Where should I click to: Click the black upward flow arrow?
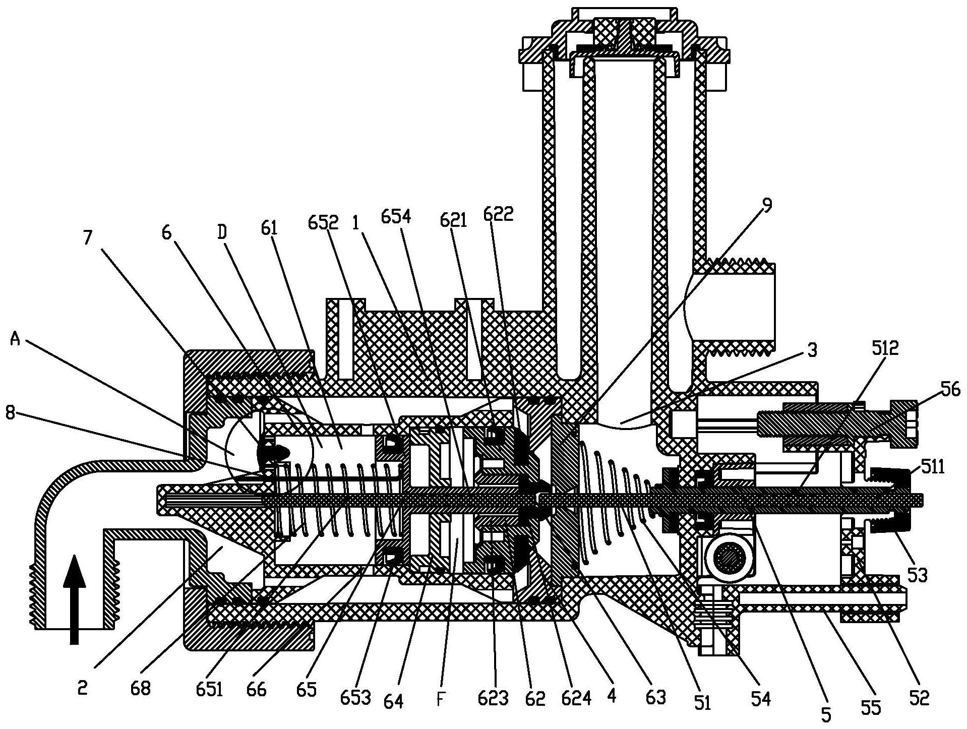click(x=74, y=599)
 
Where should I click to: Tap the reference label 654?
click(x=397, y=217)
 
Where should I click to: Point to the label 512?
click(x=885, y=348)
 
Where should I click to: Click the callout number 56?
click(x=949, y=389)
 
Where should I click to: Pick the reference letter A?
click(x=16, y=341)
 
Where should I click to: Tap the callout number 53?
click(x=918, y=575)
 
